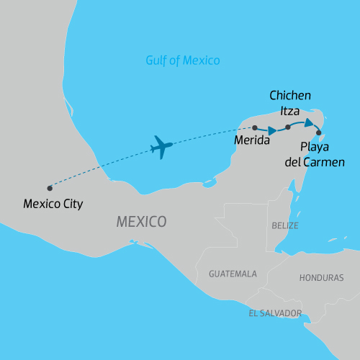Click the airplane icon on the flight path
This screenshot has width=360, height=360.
pos(162,148)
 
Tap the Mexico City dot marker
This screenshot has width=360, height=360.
pos(50,189)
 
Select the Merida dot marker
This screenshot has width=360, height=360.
pos(255,127)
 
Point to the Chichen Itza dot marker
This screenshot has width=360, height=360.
pos(287,127)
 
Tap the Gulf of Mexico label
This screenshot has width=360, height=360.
pos(184,60)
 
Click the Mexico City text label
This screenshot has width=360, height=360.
pos(53,204)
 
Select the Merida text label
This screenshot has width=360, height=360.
pos(252,141)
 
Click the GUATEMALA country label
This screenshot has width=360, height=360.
pos(233,274)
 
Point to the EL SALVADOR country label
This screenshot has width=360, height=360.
pos(275,313)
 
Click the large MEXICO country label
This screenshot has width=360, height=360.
pos(142,221)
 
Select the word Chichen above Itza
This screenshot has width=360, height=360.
pos(290,95)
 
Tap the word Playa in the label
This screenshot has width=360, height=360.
pos(314,148)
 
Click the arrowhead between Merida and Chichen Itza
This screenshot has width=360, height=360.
pos(272,131)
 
